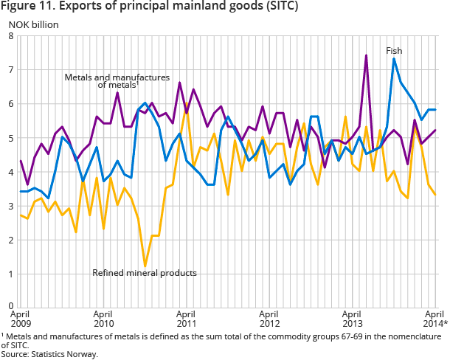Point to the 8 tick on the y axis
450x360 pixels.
tap(11, 36)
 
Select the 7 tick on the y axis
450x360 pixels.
tap(11, 70)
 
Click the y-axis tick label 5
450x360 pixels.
tap(11, 138)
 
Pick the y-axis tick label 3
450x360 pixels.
tap(11, 207)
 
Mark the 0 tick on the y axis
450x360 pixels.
tap(11, 305)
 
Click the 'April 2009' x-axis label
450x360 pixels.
tap(21, 318)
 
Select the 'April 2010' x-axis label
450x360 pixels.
tap(104, 318)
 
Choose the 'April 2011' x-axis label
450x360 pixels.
tap(187, 318)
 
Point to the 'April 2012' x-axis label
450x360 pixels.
tap(269, 318)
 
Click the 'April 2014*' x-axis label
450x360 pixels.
tap(435, 318)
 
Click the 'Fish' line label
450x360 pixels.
tap(394, 50)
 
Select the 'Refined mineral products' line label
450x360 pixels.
tap(145, 273)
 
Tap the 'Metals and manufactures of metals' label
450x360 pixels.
tap(117, 80)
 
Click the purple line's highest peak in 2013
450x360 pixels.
tap(366, 55)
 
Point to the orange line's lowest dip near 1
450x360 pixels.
tap(145, 266)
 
